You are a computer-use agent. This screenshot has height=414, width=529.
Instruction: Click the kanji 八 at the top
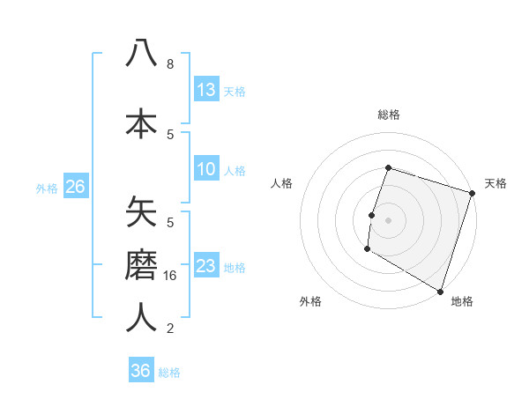(x=141, y=53)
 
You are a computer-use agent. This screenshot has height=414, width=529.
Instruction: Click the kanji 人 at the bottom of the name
(x=141, y=316)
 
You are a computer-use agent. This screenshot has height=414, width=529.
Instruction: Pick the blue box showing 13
(x=206, y=90)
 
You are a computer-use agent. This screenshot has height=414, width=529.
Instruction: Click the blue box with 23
(x=206, y=266)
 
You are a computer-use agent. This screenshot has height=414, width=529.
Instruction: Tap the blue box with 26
(x=75, y=187)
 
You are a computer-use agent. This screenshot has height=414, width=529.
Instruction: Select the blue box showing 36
(x=141, y=371)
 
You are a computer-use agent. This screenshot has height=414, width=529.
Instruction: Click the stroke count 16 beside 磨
(x=171, y=276)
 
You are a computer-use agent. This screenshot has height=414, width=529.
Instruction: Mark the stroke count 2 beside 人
(x=170, y=329)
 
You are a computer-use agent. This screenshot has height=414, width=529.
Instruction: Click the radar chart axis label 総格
(x=388, y=115)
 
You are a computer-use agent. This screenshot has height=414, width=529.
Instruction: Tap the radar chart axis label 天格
(x=495, y=183)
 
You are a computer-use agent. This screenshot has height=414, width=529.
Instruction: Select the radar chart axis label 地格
(x=462, y=301)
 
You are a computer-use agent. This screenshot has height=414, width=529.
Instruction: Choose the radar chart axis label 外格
(x=310, y=301)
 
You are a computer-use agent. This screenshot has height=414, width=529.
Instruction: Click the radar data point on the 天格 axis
(x=472, y=193)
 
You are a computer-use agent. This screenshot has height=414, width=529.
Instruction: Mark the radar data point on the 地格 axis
(x=440, y=291)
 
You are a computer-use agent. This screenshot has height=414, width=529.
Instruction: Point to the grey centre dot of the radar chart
(x=388, y=219)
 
